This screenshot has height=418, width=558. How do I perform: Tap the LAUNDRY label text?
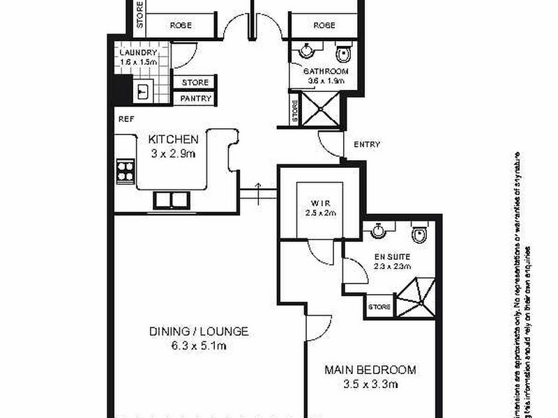[x=138, y=53]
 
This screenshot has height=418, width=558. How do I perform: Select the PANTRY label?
[x=195, y=99]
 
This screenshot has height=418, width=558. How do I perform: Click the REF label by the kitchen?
[x=126, y=119]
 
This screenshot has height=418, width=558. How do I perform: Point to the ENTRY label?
[x=367, y=145]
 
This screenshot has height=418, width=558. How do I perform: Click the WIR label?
[x=320, y=204]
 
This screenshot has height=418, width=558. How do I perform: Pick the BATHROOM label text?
[x=324, y=72]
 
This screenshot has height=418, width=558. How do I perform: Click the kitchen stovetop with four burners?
[x=126, y=171]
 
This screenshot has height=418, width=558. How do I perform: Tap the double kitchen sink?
[x=171, y=200]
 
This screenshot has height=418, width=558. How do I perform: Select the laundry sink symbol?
[x=144, y=90]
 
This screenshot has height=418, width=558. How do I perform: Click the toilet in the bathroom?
[x=342, y=54]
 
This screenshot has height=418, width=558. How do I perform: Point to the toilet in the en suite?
[x=418, y=235]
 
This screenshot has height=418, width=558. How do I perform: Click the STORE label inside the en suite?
[x=379, y=307]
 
